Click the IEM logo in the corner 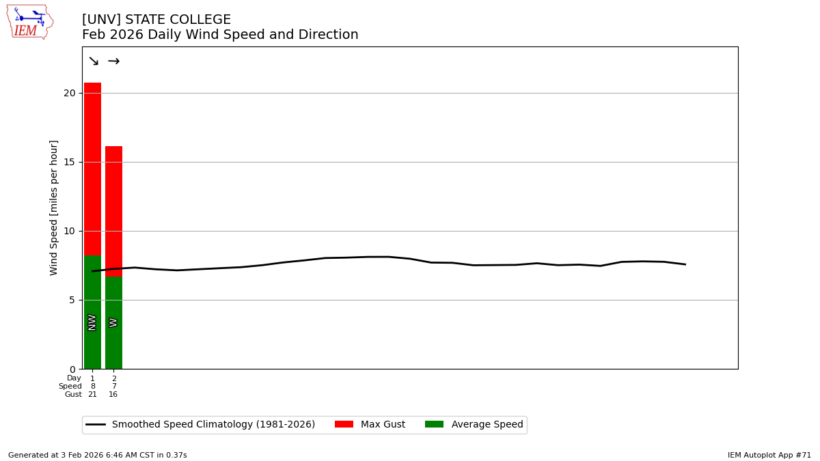coord(29,22)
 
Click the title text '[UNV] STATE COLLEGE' coord(156,20)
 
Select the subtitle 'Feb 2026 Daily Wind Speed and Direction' coord(220,35)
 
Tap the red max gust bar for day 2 coord(113,212)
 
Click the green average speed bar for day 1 coord(92,287)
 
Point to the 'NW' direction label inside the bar coord(92,322)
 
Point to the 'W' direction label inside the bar coord(113,322)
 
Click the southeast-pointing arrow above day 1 coord(93,61)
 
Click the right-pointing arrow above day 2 coord(113,61)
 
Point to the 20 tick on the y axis coord(69,93)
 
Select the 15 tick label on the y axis coord(69,162)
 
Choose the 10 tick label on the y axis coord(69,231)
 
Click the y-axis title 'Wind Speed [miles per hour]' coord(54,208)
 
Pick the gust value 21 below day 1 coord(92,395)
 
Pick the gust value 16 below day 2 coord(113,395)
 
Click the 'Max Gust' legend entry coord(370,425)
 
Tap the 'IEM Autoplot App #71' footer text coord(769,455)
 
